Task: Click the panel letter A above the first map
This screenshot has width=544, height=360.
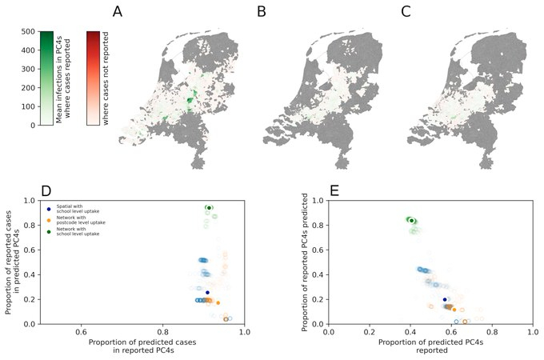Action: point(118,12)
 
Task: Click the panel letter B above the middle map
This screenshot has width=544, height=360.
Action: point(261,12)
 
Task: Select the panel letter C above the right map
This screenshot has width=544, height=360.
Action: point(406,12)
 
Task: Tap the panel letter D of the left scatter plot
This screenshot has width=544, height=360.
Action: point(46,191)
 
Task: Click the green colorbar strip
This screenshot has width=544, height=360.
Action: point(46,78)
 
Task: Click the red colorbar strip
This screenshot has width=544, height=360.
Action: point(93,78)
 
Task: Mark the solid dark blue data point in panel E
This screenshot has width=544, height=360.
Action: point(445,300)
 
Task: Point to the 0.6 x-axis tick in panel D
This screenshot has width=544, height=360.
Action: point(81,330)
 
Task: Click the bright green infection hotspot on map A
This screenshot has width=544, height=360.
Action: point(190,101)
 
